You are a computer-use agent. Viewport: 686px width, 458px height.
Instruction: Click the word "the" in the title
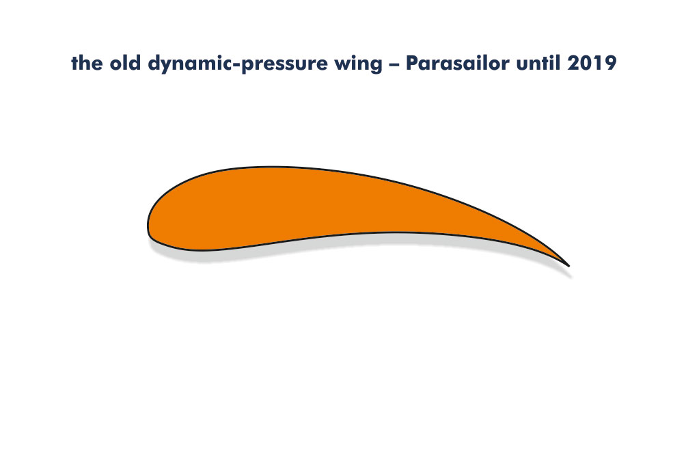pos(87,63)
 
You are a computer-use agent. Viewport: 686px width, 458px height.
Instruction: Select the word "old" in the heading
pos(125,63)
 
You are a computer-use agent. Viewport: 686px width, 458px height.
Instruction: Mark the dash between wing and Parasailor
pos(394,65)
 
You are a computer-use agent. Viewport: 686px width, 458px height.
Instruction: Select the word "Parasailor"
pos(458,63)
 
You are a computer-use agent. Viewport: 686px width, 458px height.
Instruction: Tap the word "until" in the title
pos(538,63)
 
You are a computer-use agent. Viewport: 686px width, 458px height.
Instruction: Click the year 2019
pos(592,63)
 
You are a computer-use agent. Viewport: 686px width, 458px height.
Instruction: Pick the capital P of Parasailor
pos(412,63)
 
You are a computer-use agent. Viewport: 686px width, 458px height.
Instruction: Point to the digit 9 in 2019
pos(611,63)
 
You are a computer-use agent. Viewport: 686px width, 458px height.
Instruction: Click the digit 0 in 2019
pos(586,63)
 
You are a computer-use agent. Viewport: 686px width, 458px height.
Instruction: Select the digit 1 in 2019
pos(598,63)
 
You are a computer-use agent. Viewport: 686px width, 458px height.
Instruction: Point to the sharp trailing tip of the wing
pos(568,266)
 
